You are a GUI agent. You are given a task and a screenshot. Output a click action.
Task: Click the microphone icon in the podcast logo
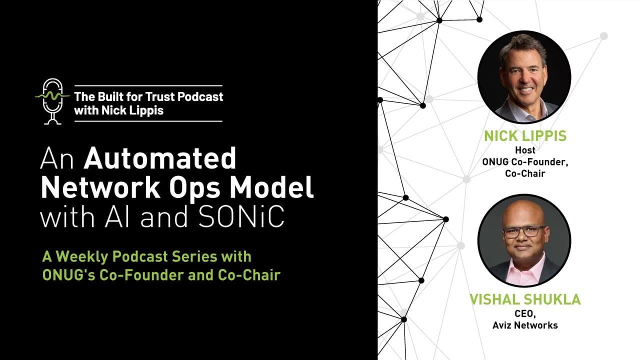click(52, 100)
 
